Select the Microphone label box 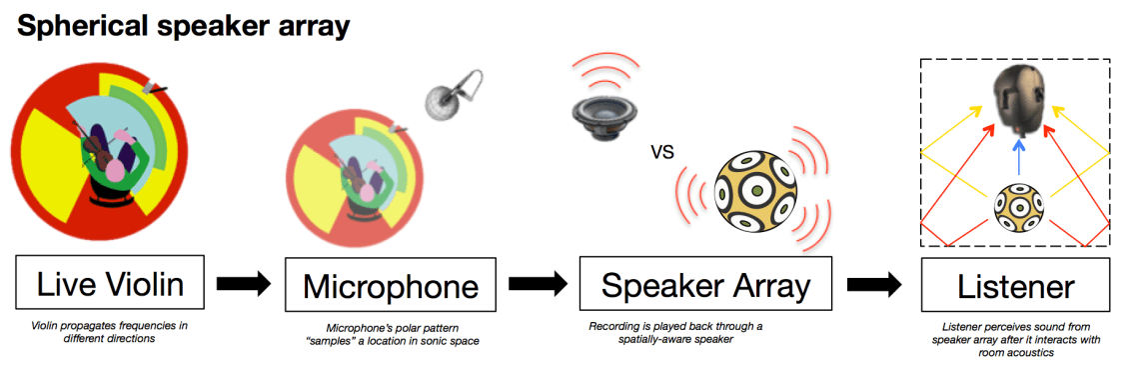tap(391, 284)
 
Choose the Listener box tap(1015, 284)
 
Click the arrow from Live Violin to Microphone tap(244, 284)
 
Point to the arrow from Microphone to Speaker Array tap(539, 284)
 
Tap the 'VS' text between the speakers tap(662, 152)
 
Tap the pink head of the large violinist tap(116, 170)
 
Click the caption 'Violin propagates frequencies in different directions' tap(104, 332)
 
